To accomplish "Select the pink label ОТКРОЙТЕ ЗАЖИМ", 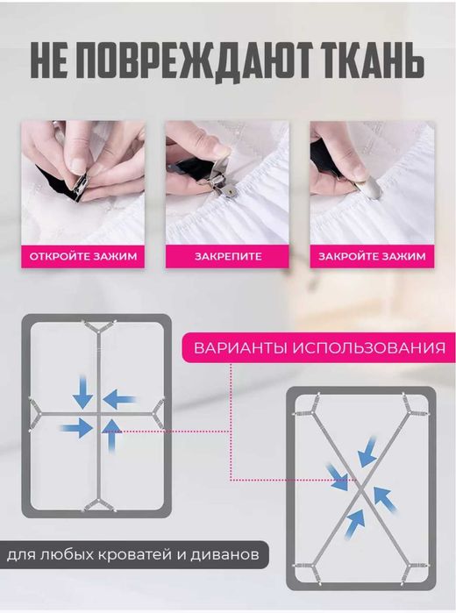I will click(x=82, y=257).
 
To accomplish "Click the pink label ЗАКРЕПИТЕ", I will click(x=227, y=257).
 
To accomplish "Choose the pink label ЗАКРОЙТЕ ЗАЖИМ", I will click(x=372, y=257).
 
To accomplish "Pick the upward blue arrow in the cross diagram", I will click(x=112, y=433).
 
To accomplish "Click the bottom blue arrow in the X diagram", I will click(x=353, y=526).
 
